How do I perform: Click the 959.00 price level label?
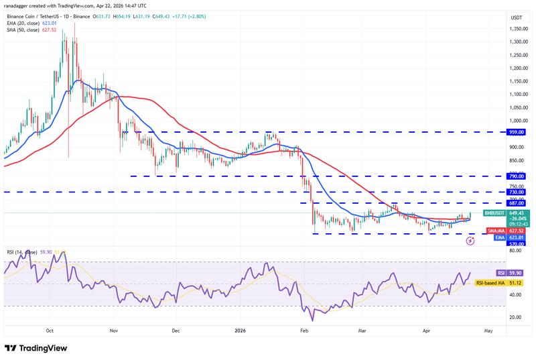coord(516,132)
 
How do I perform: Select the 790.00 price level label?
coord(516,176)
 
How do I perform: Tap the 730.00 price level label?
coord(516,192)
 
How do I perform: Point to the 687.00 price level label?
coord(516,203)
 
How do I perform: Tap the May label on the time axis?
coord(488,331)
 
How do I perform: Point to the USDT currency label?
coord(516,17)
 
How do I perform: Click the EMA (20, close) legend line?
coord(33,23)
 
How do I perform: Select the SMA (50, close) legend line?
coord(33,29)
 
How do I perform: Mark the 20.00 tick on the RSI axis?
coord(516,317)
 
